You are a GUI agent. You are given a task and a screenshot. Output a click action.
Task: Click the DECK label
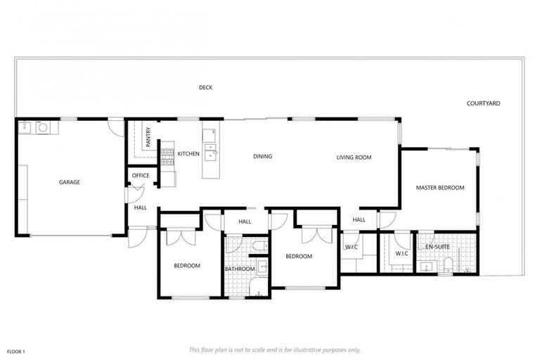coord(205,88)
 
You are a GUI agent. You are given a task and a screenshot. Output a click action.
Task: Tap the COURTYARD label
coord(483,103)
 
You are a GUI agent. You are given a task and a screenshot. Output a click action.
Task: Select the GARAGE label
coord(69,182)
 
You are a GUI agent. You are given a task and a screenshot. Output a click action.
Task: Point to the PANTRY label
coord(148,136)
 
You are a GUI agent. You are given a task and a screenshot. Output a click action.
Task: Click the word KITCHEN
coord(188,153)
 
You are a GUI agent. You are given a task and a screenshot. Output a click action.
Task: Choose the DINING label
coord(262,156)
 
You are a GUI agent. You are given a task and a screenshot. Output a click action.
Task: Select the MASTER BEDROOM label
coord(440,188)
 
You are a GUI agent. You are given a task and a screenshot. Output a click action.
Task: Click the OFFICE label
coord(140,175)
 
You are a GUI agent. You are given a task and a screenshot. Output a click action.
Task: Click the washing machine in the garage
coord(41,128)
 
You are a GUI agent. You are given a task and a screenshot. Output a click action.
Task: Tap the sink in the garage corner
coord(25,127)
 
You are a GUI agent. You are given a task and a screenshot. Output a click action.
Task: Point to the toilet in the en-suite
coord(448,265)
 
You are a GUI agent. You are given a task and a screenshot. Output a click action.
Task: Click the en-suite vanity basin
coord(425,266)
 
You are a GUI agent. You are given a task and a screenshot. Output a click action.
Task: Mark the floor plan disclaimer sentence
coord(275,349)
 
